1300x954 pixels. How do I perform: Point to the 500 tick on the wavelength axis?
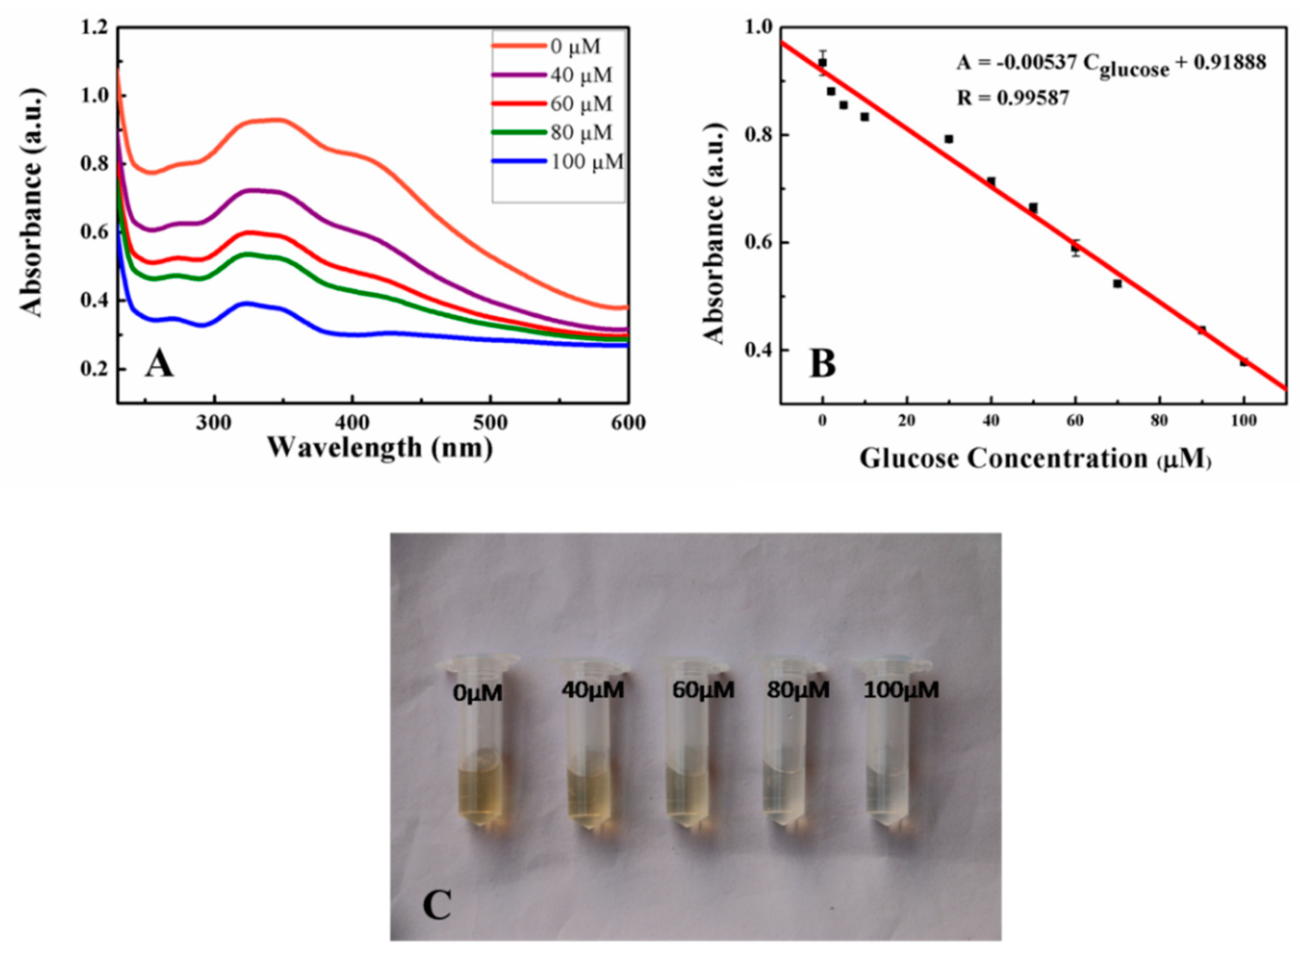[x=490, y=423]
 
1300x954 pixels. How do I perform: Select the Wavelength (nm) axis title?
[x=380, y=447]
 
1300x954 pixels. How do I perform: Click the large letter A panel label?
[x=159, y=365]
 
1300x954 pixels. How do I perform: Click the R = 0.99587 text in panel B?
[x=1013, y=98]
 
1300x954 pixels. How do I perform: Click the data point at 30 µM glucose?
[x=948, y=139]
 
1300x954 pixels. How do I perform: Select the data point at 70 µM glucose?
[x=1117, y=284]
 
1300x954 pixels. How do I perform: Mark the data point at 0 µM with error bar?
[x=823, y=62]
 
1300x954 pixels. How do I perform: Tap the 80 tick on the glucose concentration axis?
[x=1158, y=421]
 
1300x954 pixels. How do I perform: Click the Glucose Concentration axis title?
[x=1034, y=459]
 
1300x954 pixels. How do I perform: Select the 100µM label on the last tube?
[x=901, y=690]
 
